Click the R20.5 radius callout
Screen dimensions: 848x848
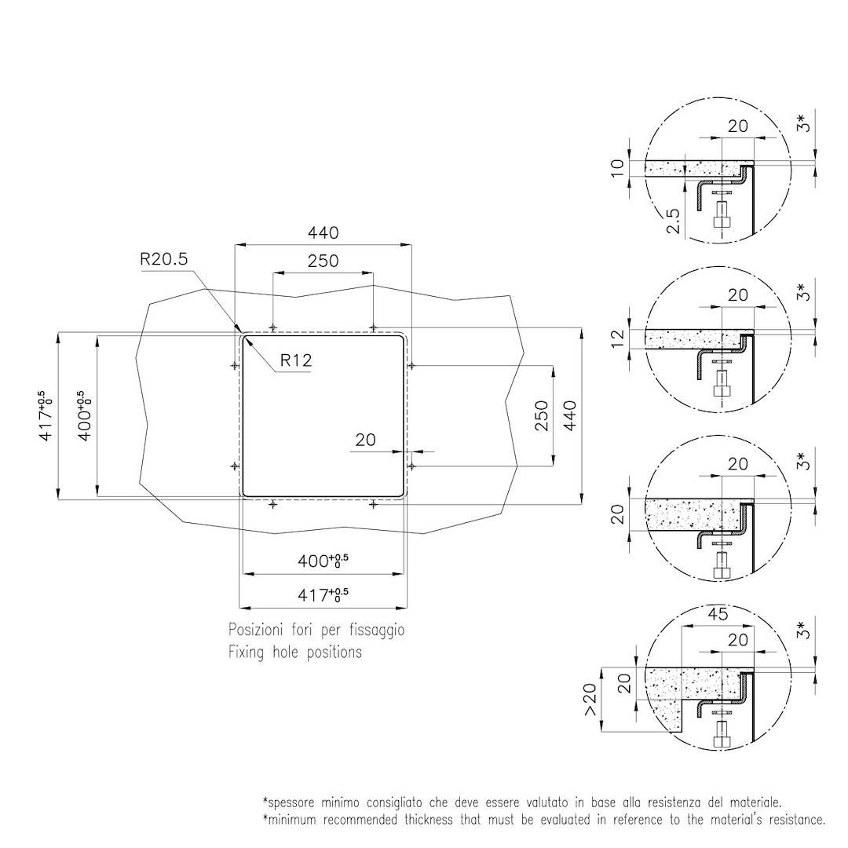(164, 260)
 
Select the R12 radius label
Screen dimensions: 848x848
(297, 360)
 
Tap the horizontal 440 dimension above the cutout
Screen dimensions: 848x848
(323, 233)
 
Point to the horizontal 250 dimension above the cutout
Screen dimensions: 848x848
(323, 261)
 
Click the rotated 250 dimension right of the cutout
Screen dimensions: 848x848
(542, 415)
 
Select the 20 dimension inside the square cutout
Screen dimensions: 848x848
(365, 440)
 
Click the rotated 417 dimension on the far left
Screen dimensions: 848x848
(47, 415)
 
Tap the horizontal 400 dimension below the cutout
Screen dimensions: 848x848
(323, 562)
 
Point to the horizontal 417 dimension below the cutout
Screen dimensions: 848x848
(323, 596)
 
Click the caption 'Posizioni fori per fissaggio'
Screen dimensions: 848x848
(316, 630)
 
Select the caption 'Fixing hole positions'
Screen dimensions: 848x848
(295, 652)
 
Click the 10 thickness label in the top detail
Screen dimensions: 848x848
(617, 167)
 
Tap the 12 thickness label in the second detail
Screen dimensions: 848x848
(617, 338)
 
